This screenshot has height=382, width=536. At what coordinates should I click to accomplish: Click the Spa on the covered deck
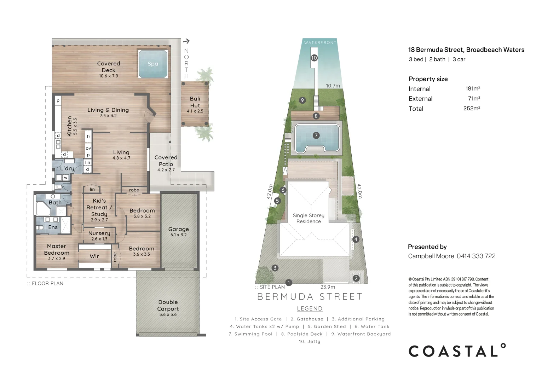pos(152,64)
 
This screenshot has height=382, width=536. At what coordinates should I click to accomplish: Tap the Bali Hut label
pos(195,102)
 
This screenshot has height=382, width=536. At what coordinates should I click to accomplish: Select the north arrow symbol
pos(186,41)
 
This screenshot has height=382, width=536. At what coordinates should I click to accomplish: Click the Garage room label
pos(178,229)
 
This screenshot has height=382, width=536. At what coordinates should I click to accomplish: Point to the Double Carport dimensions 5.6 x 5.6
pos(168,314)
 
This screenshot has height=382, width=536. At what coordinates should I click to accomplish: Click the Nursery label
pos(99,233)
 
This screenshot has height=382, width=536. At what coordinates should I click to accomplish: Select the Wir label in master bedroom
pos(94,256)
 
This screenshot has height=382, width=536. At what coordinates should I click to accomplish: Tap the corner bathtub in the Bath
pos(43,209)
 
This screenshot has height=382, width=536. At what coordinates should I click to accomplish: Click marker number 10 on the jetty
pos(314,58)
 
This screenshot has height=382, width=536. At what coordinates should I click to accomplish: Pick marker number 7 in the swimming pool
pos(316,135)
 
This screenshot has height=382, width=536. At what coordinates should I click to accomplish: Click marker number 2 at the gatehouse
pos(356,278)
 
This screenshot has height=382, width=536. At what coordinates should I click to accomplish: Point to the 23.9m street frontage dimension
pos(328,287)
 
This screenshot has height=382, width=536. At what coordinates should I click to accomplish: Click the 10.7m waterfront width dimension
pos(333,86)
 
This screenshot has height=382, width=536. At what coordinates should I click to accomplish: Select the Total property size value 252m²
pos(471,109)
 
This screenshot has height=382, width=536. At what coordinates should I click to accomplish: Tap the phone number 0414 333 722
pos(476,256)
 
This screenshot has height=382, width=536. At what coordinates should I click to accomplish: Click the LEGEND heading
pos(310,308)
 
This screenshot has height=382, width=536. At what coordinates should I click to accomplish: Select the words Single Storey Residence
pos(309,218)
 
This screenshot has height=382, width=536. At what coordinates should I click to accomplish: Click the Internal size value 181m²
pos(473,89)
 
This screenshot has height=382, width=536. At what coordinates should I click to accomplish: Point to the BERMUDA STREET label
pos(310,296)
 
